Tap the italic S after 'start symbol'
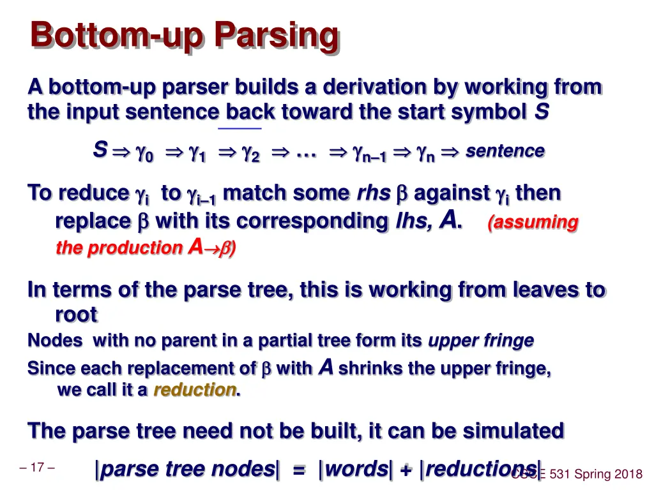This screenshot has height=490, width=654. pyautogui.click(x=541, y=112)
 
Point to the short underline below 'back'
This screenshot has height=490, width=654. pyautogui.click(x=240, y=129)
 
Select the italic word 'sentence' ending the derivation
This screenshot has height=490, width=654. pyautogui.click(x=505, y=151)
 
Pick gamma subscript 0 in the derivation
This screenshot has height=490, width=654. pyautogui.click(x=144, y=153)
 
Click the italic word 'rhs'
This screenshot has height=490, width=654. pyautogui.click(x=373, y=193)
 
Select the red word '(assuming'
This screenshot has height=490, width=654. pyautogui.click(x=533, y=223)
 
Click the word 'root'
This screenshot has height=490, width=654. pyautogui.click(x=76, y=315)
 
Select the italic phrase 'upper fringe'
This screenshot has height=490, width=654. pyautogui.click(x=480, y=341)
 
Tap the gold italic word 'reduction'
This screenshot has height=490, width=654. pyautogui.click(x=194, y=390)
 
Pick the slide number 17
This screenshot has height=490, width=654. pyautogui.click(x=36, y=468)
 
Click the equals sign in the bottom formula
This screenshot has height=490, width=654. pyautogui.click(x=299, y=470)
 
